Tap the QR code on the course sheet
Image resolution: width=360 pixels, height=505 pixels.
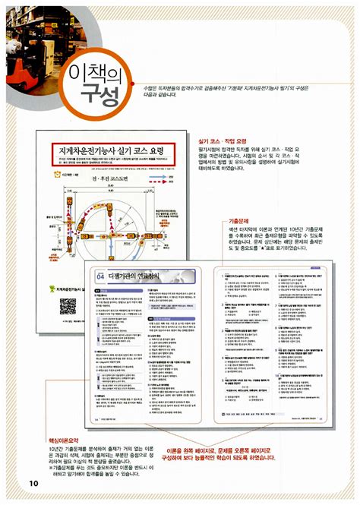coord(68,306)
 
